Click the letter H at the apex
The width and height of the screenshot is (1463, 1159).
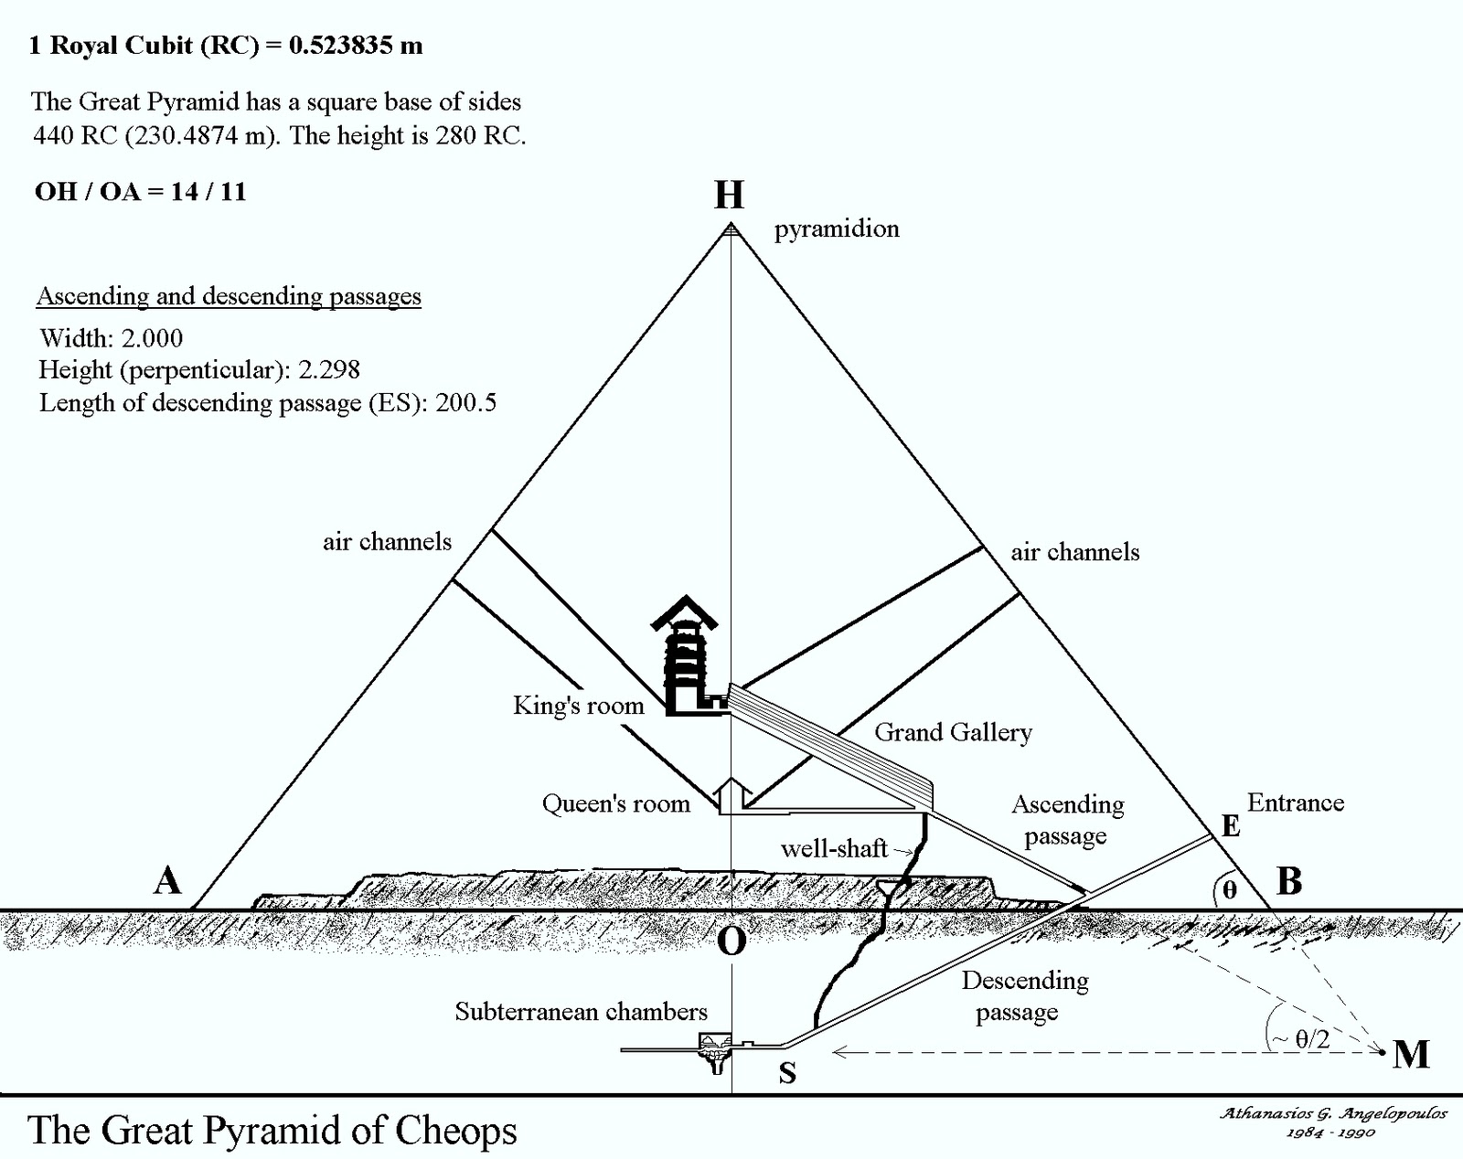pyautogui.click(x=729, y=195)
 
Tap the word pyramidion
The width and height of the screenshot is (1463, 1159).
pyautogui.click(x=837, y=229)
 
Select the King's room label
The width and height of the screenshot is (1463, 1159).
pyautogui.click(x=578, y=706)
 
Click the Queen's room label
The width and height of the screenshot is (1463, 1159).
pyautogui.click(x=615, y=803)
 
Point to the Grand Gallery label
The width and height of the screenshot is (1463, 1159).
pyautogui.click(x=953, y=732)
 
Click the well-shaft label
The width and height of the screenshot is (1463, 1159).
pyautogui.click(x=834, y=848)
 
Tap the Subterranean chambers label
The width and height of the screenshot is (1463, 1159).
pyautogui.click(x=581, y=1011)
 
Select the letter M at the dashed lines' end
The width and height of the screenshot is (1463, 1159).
pyautogui.click(x=1411, y=1055)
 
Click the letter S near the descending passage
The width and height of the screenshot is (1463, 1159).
pyautogui.click(x=787, y=1073)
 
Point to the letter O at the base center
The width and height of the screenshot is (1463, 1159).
pyautogui.click(x=731, y=941)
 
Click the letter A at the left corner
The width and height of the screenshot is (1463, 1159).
pyautogui.click(x=167, y=881)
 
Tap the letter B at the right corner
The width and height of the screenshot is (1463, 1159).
pyautogui.click(x=1288, y=881)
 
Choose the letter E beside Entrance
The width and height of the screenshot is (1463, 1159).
pyautogui.click(x=1231, y=826)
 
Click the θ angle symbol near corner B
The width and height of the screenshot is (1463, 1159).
pyautogui.click(x=1229, y=888)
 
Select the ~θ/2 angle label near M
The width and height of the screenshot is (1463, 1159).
pyautogui.click(x=1303, y=1037)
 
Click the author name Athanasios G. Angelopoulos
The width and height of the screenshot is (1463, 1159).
pyautogui.click(x=1333, y=1113)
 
